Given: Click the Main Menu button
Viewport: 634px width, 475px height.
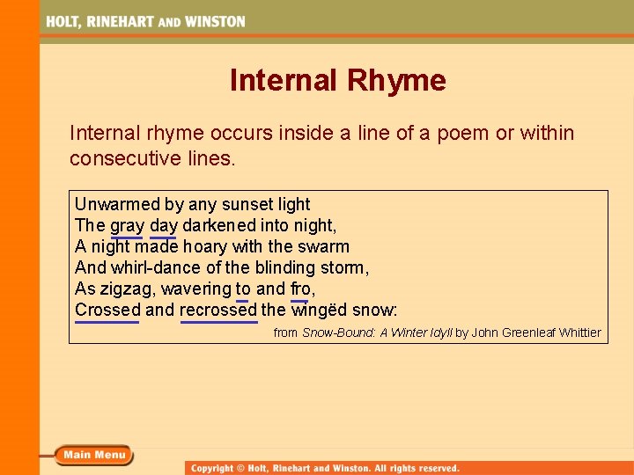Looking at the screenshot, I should (93, 455).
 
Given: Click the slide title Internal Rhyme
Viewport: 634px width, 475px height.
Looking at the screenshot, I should (337, 81).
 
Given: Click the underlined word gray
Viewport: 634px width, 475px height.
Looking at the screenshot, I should (127, 225).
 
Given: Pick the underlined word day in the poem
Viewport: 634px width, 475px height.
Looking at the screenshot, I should (164, 225).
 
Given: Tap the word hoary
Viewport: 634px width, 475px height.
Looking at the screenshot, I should (204, 246).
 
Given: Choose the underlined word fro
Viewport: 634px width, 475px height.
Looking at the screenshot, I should (300, 289).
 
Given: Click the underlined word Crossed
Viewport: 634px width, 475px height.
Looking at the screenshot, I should (107, 310).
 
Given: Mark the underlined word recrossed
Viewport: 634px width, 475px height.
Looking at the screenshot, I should (218, 310).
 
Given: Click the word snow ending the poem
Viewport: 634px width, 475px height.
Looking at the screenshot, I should (374, 310).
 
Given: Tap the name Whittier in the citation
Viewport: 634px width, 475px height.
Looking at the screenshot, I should (579, 332).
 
